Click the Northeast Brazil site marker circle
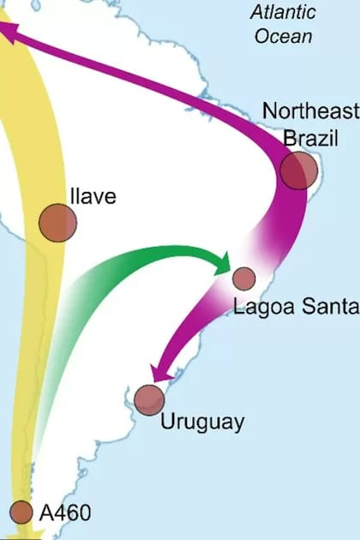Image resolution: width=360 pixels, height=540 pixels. point(299,170)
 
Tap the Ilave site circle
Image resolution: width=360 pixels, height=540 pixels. point(57,223)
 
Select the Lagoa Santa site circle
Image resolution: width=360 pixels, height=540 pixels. point(244,278)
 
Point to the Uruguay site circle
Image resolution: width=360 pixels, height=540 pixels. point(149,399)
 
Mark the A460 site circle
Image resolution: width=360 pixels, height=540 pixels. point(21,512)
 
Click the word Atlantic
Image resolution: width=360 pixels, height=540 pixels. point(283,13)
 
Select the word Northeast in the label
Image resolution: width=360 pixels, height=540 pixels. point(311,111)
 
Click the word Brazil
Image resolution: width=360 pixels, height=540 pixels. point(310,137)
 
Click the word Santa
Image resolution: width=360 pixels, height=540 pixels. point(322,306)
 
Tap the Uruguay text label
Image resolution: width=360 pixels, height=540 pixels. point(202,422)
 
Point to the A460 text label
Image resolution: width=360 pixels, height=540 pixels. point(65,513)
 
